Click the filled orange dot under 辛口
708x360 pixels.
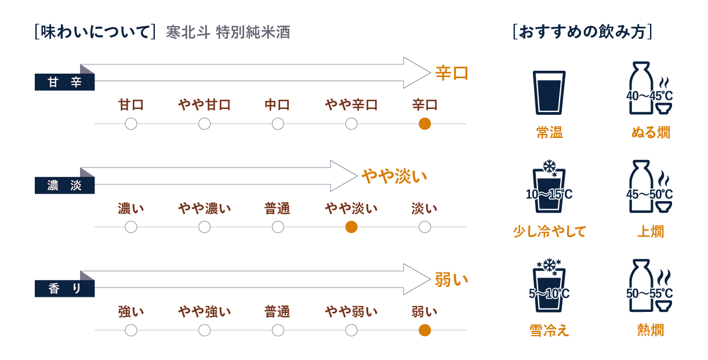[x=424, y=123]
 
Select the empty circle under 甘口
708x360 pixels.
[x=131, y=123]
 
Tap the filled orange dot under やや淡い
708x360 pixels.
[x=351, y=227]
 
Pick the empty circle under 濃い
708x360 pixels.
[x=131, y=227]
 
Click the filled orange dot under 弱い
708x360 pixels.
[x=424, y=330]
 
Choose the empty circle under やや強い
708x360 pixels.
[x=205, y=330]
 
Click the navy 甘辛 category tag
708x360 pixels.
[x=64, y=82]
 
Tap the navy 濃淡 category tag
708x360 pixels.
[x=64, y=185]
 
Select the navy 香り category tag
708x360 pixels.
[x=64, y=289]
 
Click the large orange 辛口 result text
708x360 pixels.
[x=452, y=73]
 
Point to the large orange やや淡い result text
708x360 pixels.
[x=394, y=176]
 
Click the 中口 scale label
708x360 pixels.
[x=277, y=105]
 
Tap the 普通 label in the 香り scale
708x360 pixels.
[x=277, y=312]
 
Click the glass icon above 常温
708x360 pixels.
[x=549, y=93]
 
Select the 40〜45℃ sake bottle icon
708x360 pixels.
[x=649, y=88]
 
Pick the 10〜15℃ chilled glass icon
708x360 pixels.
[x=549, y=187]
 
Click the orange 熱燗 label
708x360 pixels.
[x=650, y=330]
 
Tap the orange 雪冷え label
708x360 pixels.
[x=549, y=330]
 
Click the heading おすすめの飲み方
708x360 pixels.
[x=582, y=32]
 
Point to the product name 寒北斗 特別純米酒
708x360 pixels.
[x=228, y=32]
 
